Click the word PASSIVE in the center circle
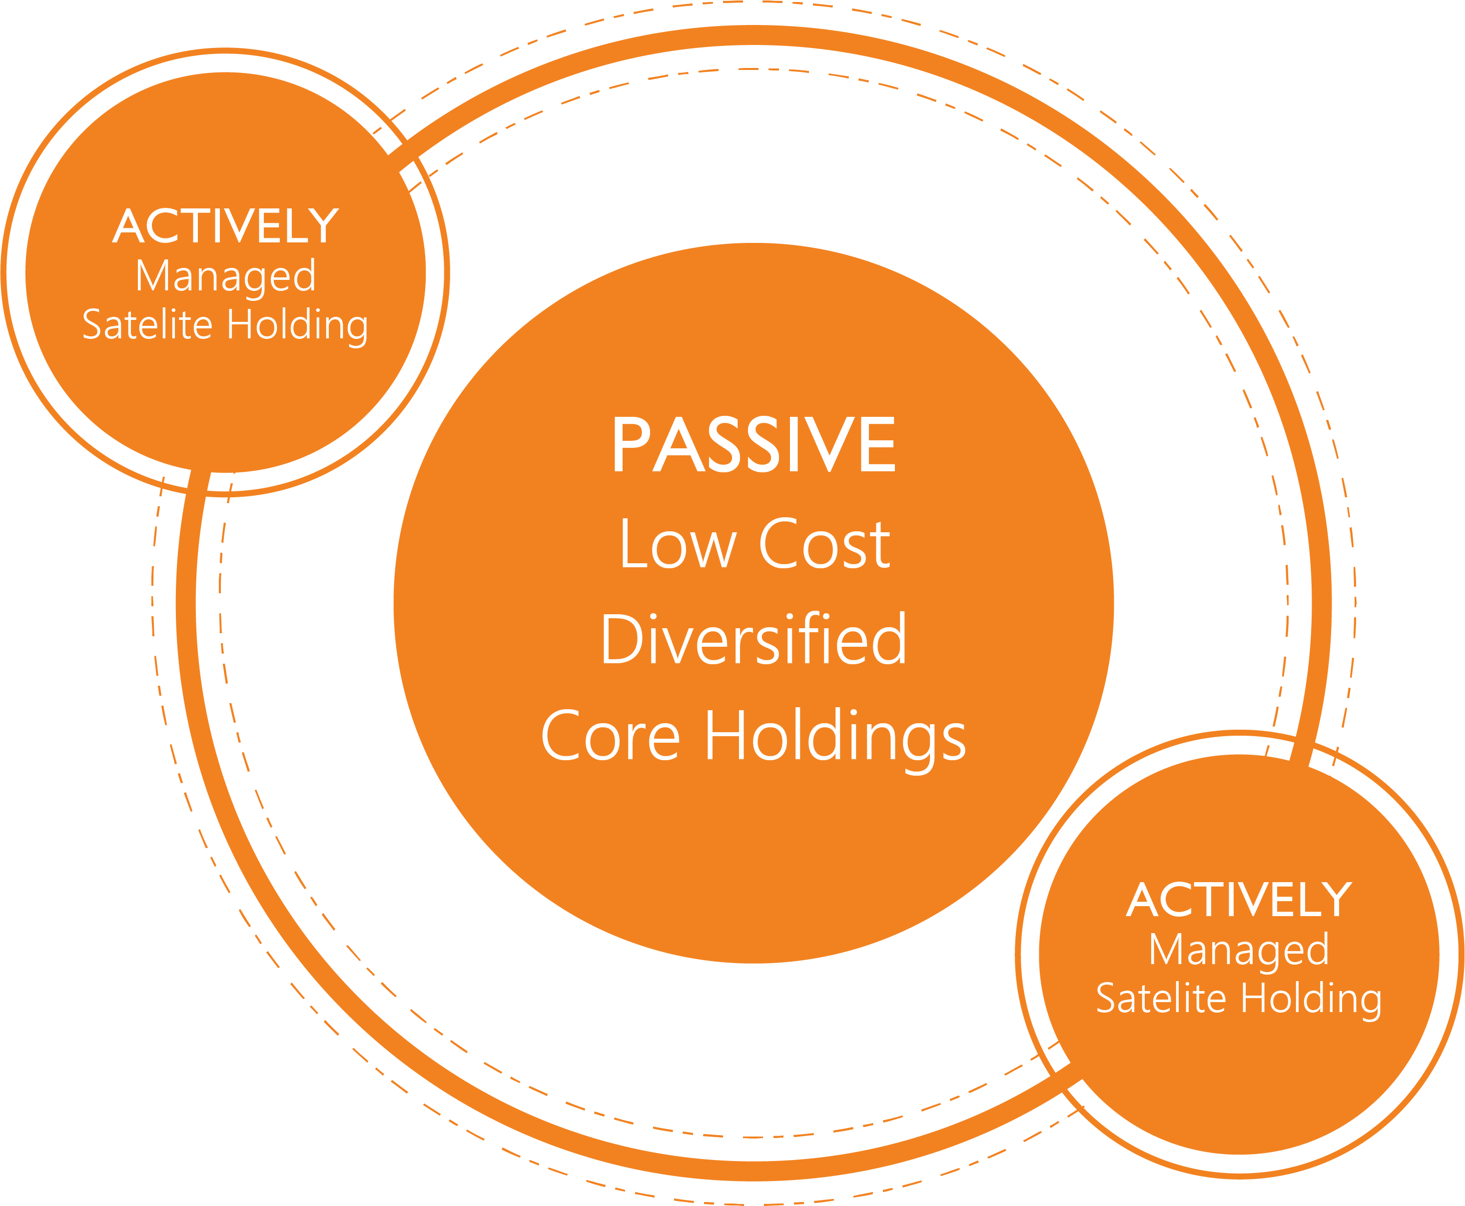point(754,445)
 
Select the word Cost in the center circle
point(824,543)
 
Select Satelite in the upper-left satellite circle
point(147,324)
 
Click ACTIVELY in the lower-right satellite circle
point(1239,899)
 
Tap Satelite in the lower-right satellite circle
point(1161,998)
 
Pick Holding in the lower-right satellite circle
point(1312,1001)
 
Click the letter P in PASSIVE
point(632,445)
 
